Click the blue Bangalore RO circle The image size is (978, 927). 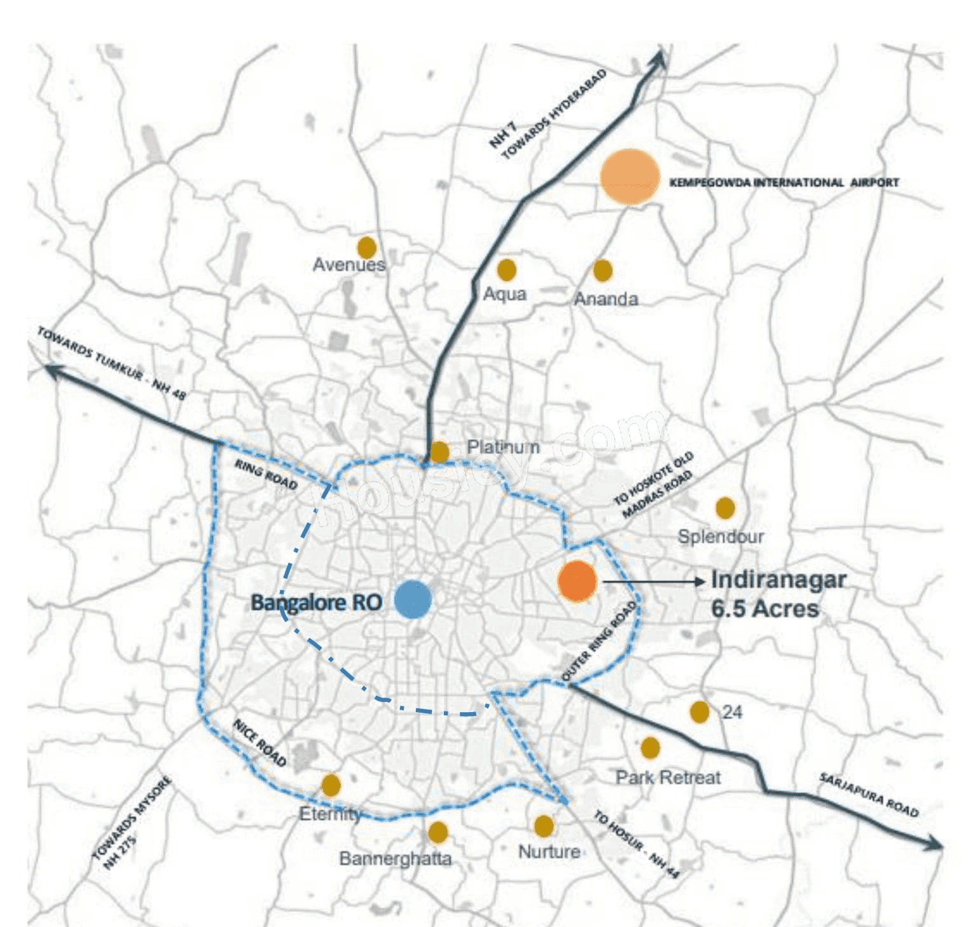pyautogui.click(x=413, y=599)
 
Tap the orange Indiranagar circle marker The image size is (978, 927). pyautogui.click(x=577, y=581)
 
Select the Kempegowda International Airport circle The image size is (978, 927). pyautogui.click(x=630, y=177)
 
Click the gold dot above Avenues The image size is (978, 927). pyautogui.click(x=366, y=247)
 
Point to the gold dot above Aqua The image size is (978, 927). pyautogui.click(x=506, y=270)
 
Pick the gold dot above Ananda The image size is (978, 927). pyautogui.click(x=602, y=271)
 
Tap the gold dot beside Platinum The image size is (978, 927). pyautogui.click(x=439, y=451)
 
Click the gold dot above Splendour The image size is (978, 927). pyautogui.click(x=725, y=507)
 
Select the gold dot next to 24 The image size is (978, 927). pyautogui.click(x=699, y=711)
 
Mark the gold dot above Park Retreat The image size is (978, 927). pyautogui.click(x=650, y=748)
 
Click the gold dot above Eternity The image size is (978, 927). pyautogui.click(x=331, y=785)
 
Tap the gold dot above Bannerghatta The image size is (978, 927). pyautogui.click(x=437, y=832)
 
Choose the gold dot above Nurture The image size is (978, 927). pyautogui.click(x=544, y=826)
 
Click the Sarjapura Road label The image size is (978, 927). pyautogui.click(x=869, y=795)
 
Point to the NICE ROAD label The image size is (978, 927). pyautogui.click(x=259, y=743)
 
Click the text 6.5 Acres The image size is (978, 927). pyautogui.click(x=764, y=609)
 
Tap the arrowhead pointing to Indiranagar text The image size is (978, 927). pyautogui.click(x=700, y=581)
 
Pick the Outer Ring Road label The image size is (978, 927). pyautogui.click(x=600, y=641)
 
